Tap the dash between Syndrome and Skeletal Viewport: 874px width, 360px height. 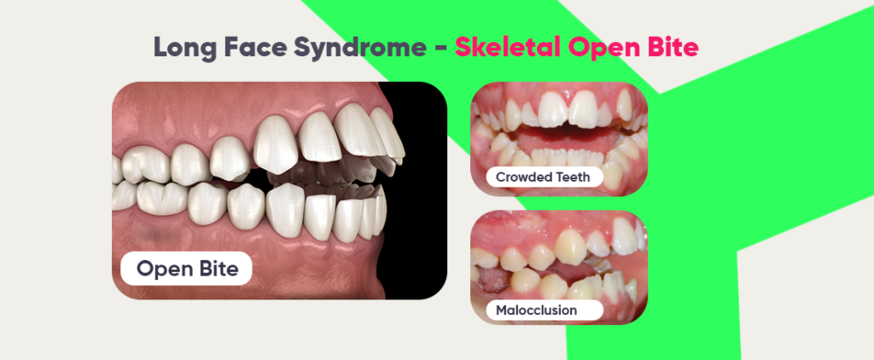pos(440,49)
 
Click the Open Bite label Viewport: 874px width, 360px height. pos(186,270)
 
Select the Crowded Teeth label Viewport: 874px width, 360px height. pos(545,177)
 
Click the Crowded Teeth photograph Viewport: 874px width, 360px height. pos(559,128)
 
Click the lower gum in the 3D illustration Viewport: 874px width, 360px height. pos(256,256)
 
